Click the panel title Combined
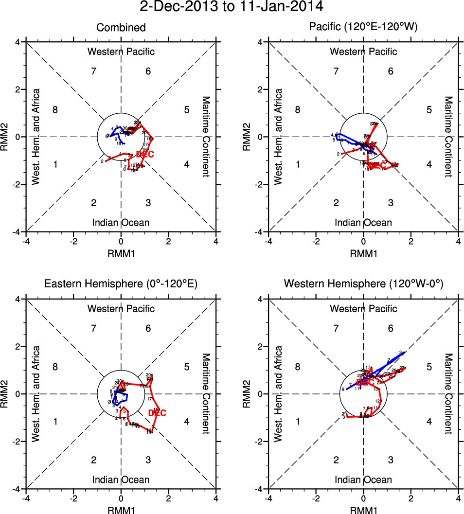point(121,28)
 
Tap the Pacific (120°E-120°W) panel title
point(363,28)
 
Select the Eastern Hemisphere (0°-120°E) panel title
point(121,284)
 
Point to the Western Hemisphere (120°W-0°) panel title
point(363,284)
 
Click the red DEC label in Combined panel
point(145,154)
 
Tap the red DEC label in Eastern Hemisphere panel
point(157,413)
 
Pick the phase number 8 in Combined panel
point(55,110)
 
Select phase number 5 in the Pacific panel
point(429,110)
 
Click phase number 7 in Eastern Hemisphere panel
point(94,328)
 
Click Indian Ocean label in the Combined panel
point(121,223)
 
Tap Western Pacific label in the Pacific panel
point(363,52)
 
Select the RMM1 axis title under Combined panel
point(121,253)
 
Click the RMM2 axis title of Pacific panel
point(250,137)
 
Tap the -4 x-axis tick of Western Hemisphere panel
point(267,498)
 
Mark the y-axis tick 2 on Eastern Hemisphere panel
point(17,346)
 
